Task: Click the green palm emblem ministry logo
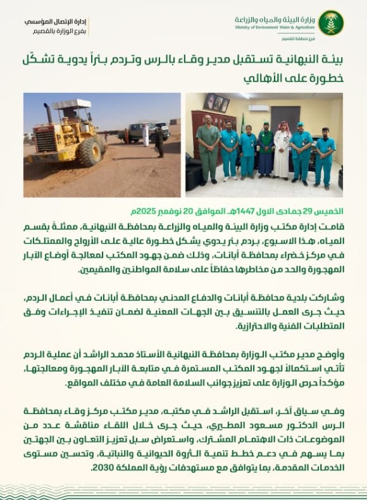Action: (331, 23)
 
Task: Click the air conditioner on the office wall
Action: (259, 108)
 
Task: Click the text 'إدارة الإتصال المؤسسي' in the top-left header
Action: (56, 21)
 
